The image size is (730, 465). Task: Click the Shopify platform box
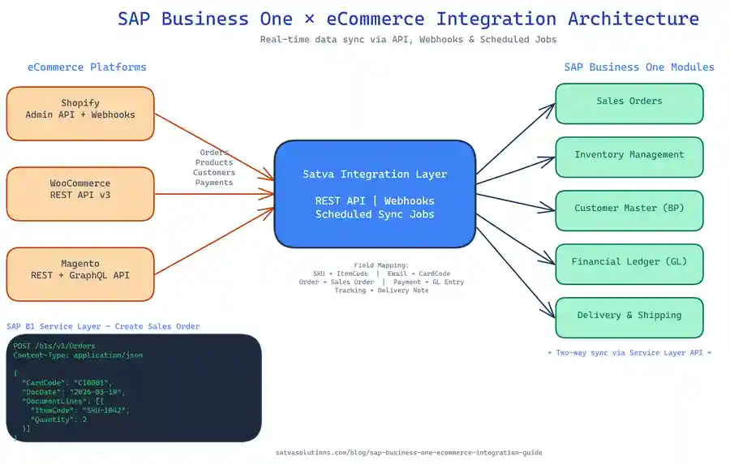pyautogui.click(x=80, y=114)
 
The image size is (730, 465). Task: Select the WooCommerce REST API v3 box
pyautogui.click(x=80, y=194)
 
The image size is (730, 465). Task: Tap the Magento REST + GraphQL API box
pyautogui.click(x=80, y=274)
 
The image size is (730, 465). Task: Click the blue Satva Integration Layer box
pyautogui.click(x=375, y=194)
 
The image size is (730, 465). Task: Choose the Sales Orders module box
pyautogui.click(x=629, y=102)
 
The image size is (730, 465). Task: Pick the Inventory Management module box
pyautogui.click(x=629, y=156)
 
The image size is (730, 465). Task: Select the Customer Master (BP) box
pyautogui.click(x=629, y=209)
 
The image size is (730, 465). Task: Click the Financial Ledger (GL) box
pyautogui.click(x=629, y=263)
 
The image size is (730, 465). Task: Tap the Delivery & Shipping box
pyautogui.click(x=629, y=316)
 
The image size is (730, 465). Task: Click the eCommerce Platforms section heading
pyautogui.click(x=87, y=67)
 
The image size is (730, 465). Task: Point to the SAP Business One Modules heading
pyautogui.click(x=639, y=67)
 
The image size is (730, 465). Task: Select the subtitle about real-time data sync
pyautogui.click(x=408, y=40)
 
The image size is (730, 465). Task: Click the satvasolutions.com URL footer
pyautogui.click(x=408, y=453)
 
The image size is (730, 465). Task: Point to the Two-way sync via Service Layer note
pyautogui.click(x=629, y=353)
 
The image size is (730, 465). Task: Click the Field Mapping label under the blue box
pyautogui.click(x=381, y=265)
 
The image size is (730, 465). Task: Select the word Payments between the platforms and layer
pyautogui.click(x=214, y=183)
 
